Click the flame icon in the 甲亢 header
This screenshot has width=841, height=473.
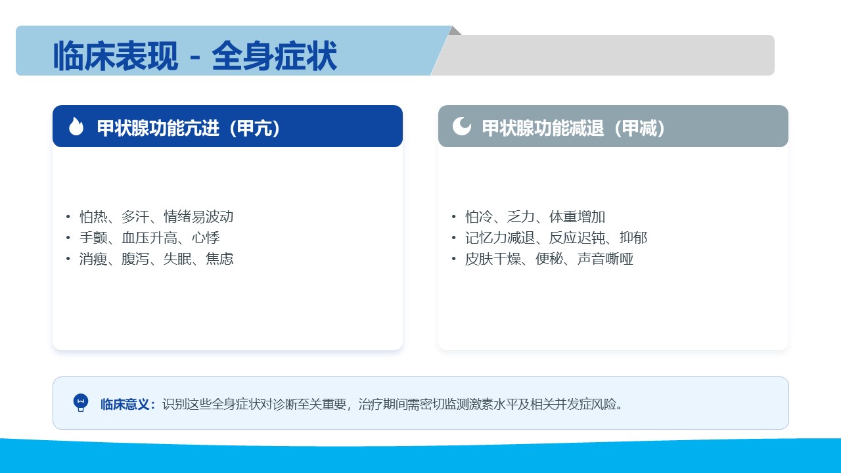point(76,126)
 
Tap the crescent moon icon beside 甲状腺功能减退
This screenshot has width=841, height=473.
point(461,126)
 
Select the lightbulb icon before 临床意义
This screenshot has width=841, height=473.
point(80,403)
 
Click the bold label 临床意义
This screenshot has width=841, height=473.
point(125,404)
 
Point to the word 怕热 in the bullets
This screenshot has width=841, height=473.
point(93,217)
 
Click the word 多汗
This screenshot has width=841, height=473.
point(135,217)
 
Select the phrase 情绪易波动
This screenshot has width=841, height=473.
point(198,217)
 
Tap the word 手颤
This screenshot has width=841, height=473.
point(93,238)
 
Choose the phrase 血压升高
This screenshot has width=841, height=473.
point(149,238)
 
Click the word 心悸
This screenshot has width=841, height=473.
point(206,238)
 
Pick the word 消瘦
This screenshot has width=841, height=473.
point(93,259)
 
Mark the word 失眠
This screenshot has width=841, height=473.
point(177,259)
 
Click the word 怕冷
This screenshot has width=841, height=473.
point(479,217)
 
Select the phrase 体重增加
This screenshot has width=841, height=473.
point(577,217)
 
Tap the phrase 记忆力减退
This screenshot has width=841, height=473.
point(500,238)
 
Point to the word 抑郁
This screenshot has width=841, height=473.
point(633,238)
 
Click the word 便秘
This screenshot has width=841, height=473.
point(549,259)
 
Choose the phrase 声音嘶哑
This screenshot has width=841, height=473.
point(605,259)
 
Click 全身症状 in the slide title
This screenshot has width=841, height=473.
point(275,56)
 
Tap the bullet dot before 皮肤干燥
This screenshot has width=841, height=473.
point(453,259)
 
